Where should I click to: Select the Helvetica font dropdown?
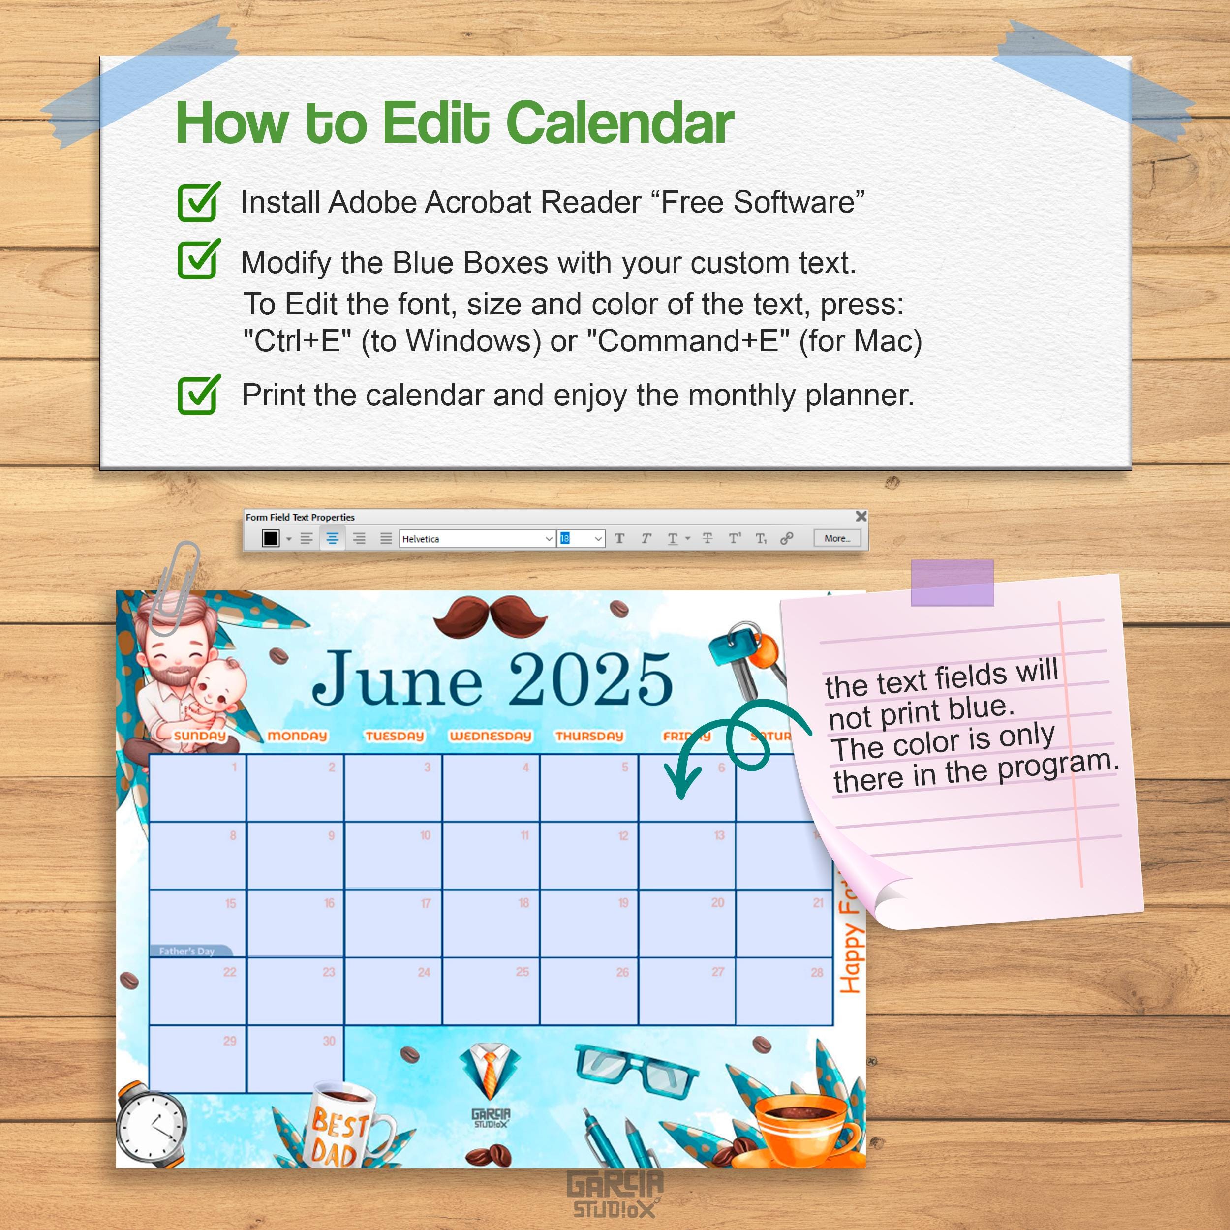[477, 539]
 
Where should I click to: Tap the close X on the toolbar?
[861, 516]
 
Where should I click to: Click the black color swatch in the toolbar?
[271, 539]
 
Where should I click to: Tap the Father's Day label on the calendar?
[187, 951]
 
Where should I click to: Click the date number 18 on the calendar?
[523, 903]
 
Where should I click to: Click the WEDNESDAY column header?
[490, 736]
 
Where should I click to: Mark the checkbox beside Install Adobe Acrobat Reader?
[198, 202]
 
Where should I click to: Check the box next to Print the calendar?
[198, 396]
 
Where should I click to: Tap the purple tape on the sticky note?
[952, 582]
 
